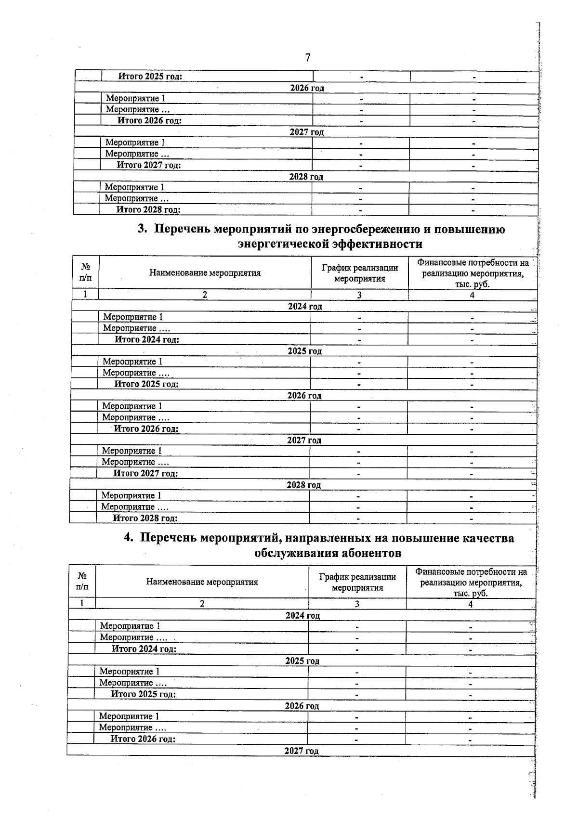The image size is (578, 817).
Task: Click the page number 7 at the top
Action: coord(308,57)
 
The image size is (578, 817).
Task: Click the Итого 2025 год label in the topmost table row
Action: coord(150,76)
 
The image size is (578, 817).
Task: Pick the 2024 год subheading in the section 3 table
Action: coord(305,306)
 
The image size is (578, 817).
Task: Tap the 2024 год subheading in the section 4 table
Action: coord(302,615)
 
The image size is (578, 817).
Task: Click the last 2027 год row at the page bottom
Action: coord(302,751)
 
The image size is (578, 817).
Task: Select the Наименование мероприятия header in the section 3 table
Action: coord(205,273)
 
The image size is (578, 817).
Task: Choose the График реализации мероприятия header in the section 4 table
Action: coord(357,582)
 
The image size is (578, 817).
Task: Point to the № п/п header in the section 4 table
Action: coord(82,581)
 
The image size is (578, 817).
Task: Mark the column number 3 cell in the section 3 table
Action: coord(359,295)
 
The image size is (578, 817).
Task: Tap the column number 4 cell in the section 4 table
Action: coord(471,604)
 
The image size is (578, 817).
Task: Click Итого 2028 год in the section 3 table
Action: coord(145,518)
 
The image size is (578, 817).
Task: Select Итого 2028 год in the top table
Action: coord(148,209)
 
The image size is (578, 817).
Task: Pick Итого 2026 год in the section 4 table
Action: coord(143,739)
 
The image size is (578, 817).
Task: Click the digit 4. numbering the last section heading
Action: coord(129,538)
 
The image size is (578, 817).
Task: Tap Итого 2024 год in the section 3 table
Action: coord(147,339)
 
